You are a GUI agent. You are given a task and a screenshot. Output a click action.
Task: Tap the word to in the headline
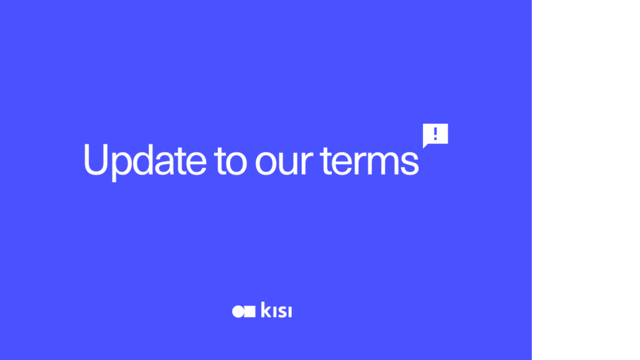tap(230, 160)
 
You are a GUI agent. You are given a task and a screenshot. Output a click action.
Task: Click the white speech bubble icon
tap(436, 134)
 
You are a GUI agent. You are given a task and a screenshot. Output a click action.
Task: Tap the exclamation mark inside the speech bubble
tap(436, 133)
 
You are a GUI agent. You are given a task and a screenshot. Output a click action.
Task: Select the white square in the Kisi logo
tap(250, 311)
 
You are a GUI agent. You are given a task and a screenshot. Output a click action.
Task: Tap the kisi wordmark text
tap(277, 310)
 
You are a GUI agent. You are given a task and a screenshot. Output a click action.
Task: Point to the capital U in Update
tap(96, 159)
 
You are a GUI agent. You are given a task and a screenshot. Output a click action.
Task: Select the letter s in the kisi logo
tap(282, 312)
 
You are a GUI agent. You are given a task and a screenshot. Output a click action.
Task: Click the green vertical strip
tap(586, 180)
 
